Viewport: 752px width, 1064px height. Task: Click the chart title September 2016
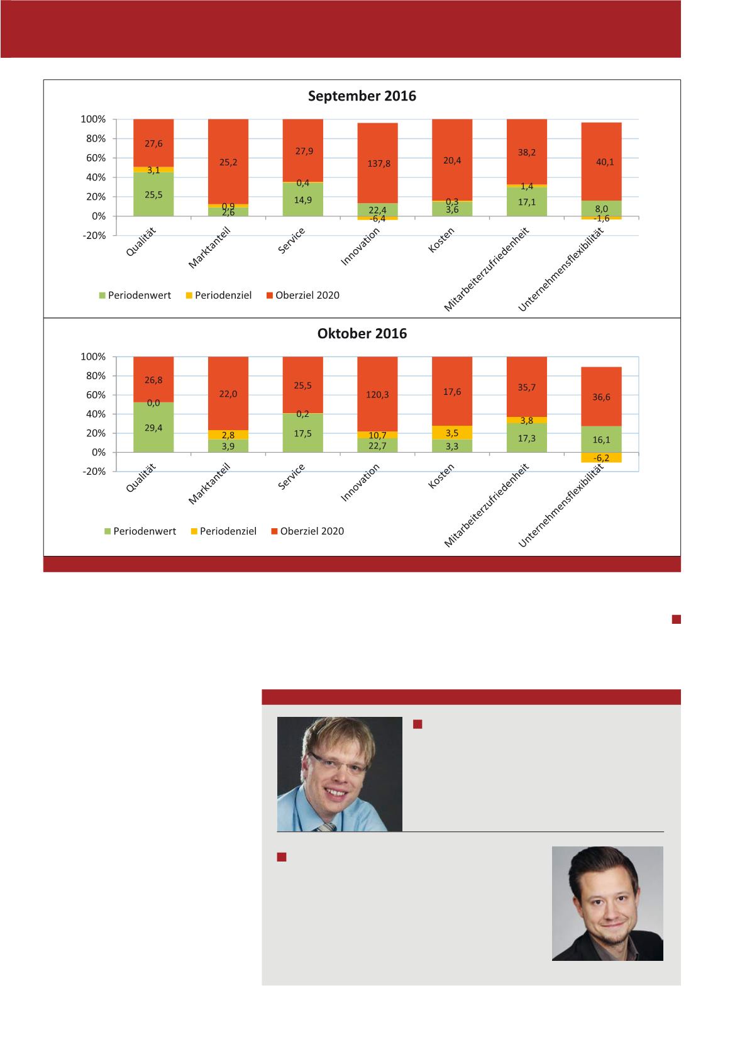362,96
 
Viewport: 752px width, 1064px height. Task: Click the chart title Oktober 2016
362,334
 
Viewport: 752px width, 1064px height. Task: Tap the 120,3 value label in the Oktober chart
377,396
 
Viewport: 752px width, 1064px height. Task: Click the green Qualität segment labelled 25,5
153,195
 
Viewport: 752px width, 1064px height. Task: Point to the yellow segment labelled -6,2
602,458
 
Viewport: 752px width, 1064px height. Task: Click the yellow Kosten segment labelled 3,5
451,433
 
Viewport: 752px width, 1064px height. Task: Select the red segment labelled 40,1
602,162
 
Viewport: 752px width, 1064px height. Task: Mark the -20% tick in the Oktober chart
93,472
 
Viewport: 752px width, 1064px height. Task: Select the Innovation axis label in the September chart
361,247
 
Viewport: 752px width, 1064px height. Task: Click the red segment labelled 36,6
602,397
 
